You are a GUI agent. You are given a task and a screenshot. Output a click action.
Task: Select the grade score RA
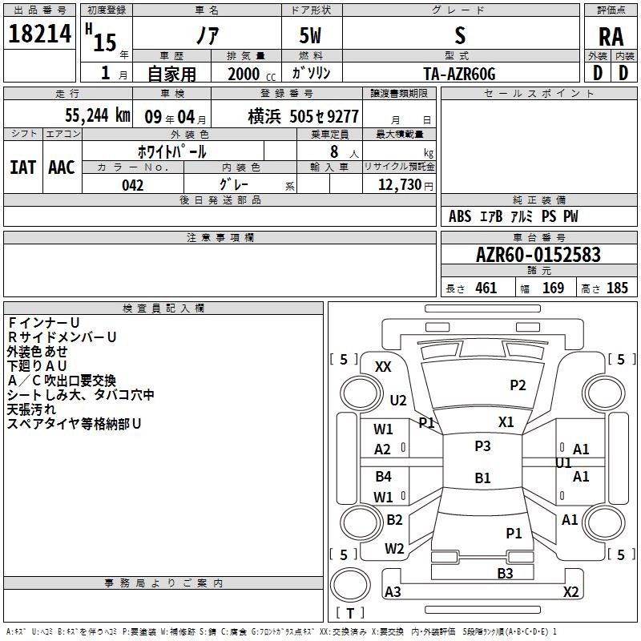[x=611, y=36]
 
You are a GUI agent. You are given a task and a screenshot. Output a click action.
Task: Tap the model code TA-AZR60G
[x=459, y=73]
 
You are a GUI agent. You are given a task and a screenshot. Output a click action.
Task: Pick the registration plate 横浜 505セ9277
[x=303, y=115]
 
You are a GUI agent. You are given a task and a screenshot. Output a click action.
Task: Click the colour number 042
[x=133, y=185]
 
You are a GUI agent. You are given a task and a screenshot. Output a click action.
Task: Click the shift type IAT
[x=22, y=167]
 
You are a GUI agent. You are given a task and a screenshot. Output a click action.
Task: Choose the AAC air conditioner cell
[x=61, y=167]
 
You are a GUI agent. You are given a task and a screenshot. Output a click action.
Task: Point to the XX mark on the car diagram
[x=383, y=366]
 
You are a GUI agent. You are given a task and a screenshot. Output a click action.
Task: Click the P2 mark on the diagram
[x=518, y=385]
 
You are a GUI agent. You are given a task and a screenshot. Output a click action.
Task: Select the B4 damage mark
[x=383, y=477]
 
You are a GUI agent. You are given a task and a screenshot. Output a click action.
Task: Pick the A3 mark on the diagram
[x=393, y=591]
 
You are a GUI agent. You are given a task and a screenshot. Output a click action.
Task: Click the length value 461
[x=486, y=288]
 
